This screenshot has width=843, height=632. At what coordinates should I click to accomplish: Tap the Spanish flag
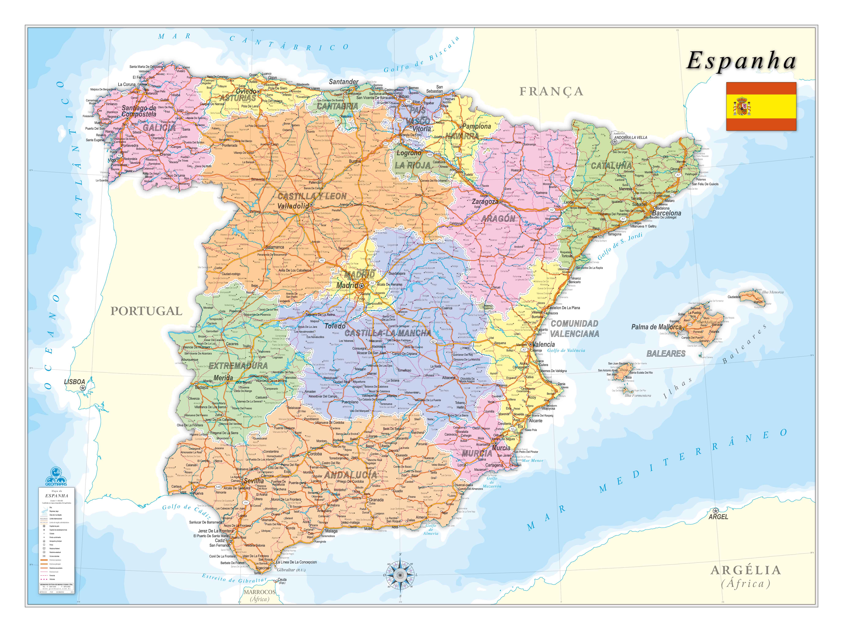761,106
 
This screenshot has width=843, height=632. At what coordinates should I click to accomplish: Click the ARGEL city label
718,517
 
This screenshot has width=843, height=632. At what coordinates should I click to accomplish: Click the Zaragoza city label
485,202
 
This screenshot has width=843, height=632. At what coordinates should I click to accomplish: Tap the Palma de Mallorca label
656,327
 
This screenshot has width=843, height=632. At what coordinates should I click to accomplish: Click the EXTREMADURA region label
238,366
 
